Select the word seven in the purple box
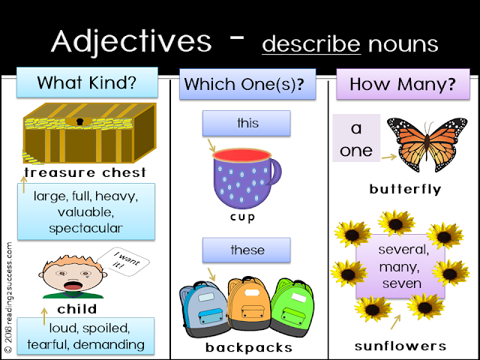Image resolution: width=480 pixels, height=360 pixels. pos(401,283)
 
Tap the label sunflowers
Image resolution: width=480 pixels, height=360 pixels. pos(400,346)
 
